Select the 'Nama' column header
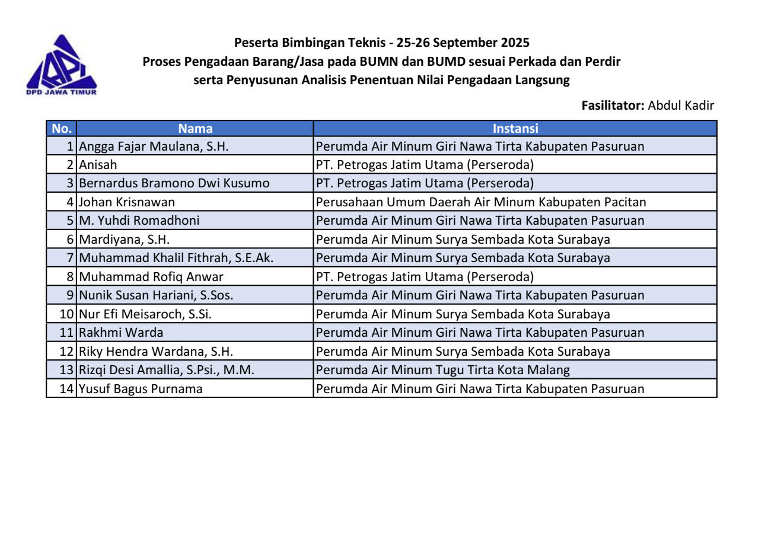click(195, 128)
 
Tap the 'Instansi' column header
click(515, 128)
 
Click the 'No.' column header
click(62, 128)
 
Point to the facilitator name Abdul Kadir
click(681, 106)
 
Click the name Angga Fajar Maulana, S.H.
click(154, 146)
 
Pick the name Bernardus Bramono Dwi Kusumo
click(174, 184)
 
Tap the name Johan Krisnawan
click(127, 202)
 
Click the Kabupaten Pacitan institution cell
click(481, 202)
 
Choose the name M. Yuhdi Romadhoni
click(139, 221)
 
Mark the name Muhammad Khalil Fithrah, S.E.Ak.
click(176, 258)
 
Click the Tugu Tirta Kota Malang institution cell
click(443, 370)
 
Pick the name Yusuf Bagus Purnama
click(141, 389)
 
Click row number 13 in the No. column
click(66, 370)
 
